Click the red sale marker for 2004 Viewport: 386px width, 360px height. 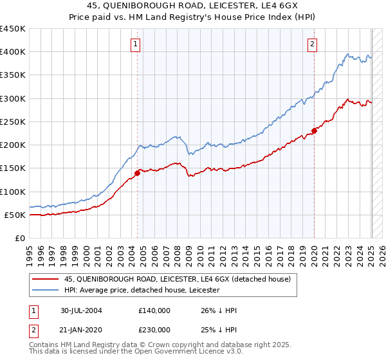point(138,172)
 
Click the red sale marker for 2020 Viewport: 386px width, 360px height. point(314,130)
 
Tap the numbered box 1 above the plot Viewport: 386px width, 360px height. point(136,44)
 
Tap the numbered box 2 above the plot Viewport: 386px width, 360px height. point(312,44)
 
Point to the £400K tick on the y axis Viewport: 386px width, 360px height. point(13,52)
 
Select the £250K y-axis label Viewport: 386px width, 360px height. point(13,122)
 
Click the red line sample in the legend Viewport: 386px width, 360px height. point(46,279)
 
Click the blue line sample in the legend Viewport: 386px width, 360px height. point(46,291)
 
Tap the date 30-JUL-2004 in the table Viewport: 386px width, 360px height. point(82,310)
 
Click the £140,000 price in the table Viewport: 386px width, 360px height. point(154,310)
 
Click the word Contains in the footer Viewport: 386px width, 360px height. point(44,346)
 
